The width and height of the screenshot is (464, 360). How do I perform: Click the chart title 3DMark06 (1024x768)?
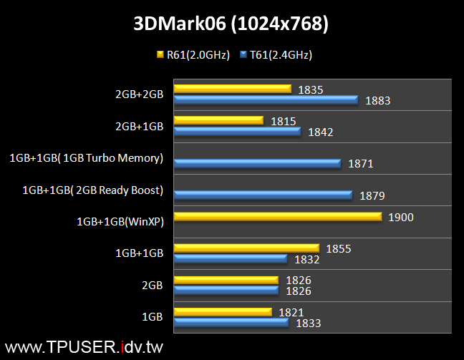click(x=231, y=24)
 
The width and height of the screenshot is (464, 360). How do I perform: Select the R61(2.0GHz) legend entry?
click(x=193, y=54)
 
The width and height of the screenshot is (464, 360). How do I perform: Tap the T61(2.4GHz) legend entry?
click(x=276, y=54)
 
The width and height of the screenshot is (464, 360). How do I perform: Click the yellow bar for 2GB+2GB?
click(x=232, y=89)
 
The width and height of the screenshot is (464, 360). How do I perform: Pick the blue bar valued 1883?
click(x=265, y=100)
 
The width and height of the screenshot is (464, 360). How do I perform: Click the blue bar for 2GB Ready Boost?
click(x=263, y=195)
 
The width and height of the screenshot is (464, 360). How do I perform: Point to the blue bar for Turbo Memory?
click(x=257, y=163)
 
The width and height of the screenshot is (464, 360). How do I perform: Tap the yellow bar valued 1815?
click(x=218, y=121)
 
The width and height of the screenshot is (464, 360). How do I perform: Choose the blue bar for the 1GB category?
click(x=231, y=323)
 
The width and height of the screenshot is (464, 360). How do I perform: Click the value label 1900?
click(x=400, y=217)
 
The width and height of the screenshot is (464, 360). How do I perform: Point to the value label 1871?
click(x=361, y=164)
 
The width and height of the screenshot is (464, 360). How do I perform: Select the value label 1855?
click(x=338, y=248)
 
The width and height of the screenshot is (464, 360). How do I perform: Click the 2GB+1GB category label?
click(x=140, y=126)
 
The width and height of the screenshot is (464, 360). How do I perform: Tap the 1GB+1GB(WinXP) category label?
click(x=120, y=221)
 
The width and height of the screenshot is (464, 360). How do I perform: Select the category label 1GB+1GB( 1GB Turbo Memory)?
click(x=87, y=158)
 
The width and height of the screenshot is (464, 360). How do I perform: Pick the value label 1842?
click(x=320, y=132)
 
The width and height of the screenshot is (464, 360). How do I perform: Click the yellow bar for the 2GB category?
click(x=226, y=280)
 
